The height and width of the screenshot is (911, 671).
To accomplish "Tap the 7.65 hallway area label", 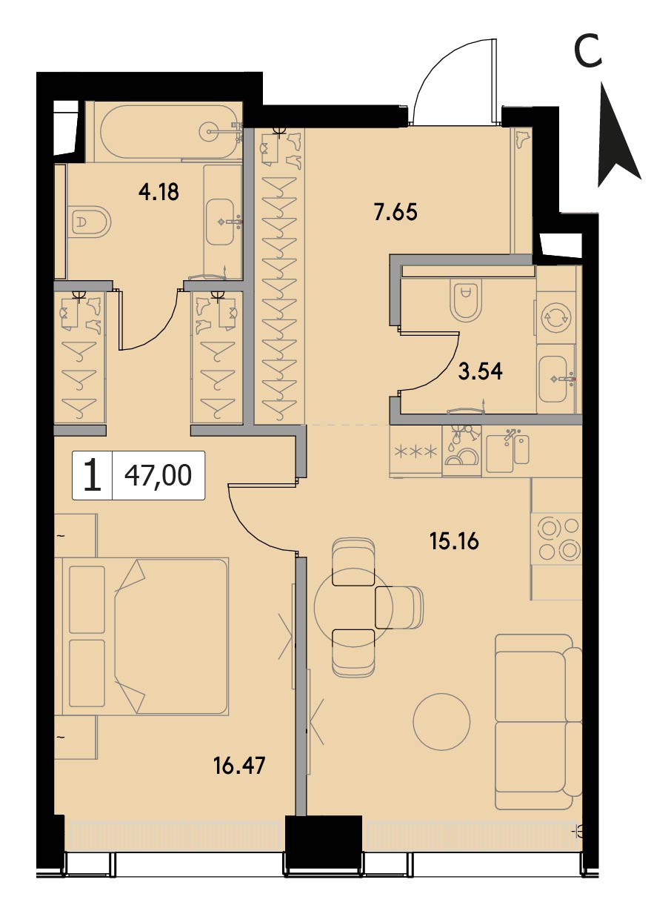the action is (395, 212).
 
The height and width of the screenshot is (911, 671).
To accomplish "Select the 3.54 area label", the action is (481, 371).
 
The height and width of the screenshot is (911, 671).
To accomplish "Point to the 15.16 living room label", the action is (455, 541).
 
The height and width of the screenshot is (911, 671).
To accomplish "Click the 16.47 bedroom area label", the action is (240, 765).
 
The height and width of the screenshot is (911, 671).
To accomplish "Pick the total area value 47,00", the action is (158, 475).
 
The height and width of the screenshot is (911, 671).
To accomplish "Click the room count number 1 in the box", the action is (93, 474).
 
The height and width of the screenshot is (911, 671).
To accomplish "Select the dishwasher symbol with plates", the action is (461, 450).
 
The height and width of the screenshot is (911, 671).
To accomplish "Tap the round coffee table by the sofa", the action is (441, 721).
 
